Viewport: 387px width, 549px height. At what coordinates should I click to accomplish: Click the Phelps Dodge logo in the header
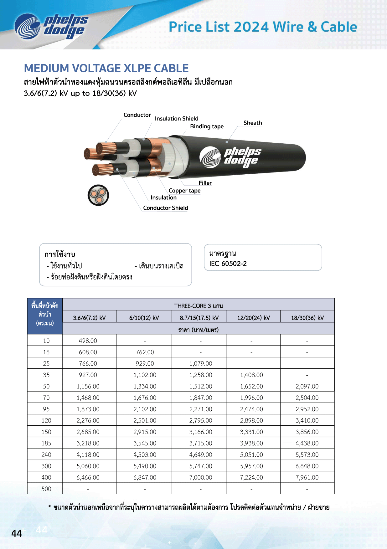pyautogui.click(x=52, y=26)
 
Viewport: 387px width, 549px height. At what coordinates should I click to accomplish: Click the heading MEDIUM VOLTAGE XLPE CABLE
pyautogui.click(x=106, y=68)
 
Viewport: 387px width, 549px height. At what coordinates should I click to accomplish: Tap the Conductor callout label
pyautogui.click(x=137, y=115)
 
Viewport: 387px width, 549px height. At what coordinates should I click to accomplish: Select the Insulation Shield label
pyautogui.click(x=177, y=119)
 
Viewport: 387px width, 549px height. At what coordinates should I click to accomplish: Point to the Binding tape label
pyautogui.click(x=207, y=126)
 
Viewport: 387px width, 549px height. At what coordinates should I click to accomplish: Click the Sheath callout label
pyautogui.click(x=253, y=123)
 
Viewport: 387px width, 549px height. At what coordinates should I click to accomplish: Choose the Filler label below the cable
pyautogui.click(x=205, y=183)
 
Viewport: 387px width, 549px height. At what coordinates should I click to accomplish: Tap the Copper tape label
pyautogui.click(x=184, y=191)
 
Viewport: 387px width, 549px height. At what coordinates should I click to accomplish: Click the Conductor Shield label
pyautogui.click(x=166, y=208)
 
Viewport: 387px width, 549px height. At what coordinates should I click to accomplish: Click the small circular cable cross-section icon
pyautogui.click(x=98, y=195)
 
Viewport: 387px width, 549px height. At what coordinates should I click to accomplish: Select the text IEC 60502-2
pyautogui.click(x=228, y=264)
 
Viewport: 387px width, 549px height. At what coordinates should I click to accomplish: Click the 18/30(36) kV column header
pyautogui.click(x=307, y=318)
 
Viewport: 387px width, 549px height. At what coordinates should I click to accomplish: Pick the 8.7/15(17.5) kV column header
pyautogui.click(x=199, y=318)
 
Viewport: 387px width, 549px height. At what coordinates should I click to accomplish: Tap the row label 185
pyautogui.click(x=46, y=443)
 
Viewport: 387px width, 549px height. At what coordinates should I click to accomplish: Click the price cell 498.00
pyautogui.click(x=88, y=341)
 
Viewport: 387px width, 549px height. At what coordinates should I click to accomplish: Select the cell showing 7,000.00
pyautogui.click(x=201, y=477)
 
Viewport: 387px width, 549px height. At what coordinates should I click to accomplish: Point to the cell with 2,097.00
pyautogui.click(x=307, y=386)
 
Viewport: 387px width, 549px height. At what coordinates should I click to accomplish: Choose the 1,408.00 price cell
pyautogui.click(x=251, y=375)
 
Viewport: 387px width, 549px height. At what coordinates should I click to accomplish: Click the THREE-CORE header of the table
pyautogui.click(x=199, y=305)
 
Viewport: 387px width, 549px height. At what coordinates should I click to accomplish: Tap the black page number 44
pyautogui.click(x=17, y=533)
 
